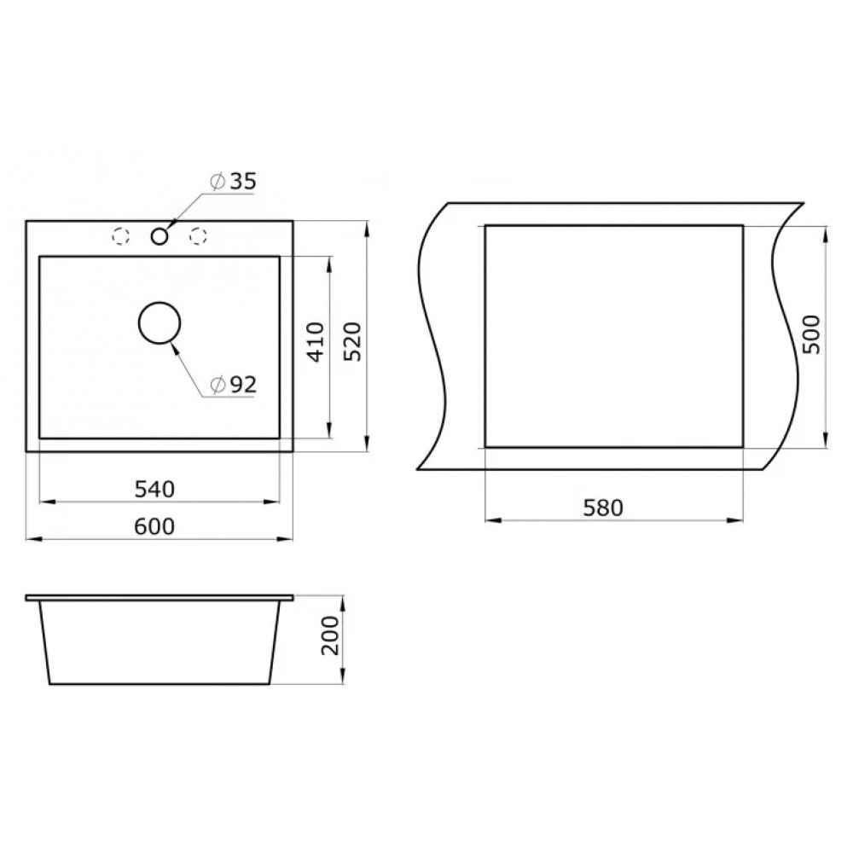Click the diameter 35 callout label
tap(233, 181)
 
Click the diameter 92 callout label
tap(233, 386)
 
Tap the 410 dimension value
tap(315, 342)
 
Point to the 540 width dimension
tap(154, 489)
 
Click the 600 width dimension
tap(154, 526)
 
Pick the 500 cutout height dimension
tap(810, 334)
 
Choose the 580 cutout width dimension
tap(603, 508)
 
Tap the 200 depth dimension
tap(329, 635)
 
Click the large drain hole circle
tap(160, 303)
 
